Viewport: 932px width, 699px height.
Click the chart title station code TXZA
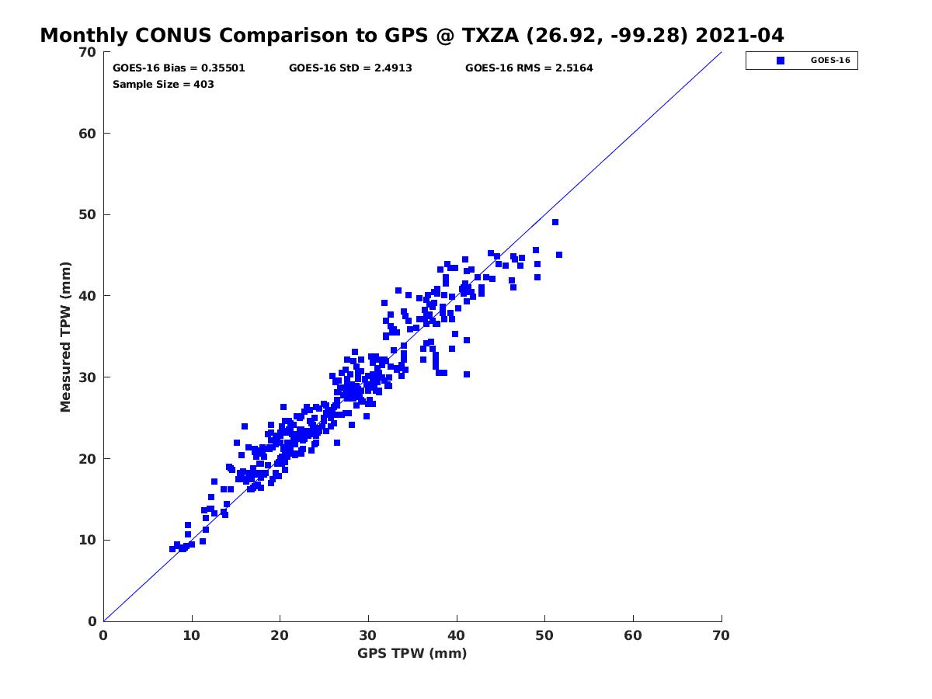point(489,35)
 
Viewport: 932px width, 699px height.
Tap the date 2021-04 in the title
point(739,35)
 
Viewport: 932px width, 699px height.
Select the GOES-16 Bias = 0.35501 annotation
point(179,68)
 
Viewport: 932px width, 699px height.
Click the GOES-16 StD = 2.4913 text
point(350,68)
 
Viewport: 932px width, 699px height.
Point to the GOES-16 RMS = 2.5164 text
point(529,68)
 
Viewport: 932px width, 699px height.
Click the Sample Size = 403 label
point(163,85)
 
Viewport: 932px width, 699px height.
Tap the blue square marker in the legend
point(781,61)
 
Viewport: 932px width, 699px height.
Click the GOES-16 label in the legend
point(830,61)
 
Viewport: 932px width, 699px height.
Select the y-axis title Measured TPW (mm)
point(65,337)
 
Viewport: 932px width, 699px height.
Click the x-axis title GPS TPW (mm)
point(412,653)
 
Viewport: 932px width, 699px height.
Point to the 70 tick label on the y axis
point(87,52)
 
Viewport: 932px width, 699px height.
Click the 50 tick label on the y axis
point(87,215)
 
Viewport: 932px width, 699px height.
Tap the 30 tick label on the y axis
point(87,377)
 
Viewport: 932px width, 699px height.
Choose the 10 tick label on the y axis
point(87,540)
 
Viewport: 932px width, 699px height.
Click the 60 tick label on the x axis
point(633,635)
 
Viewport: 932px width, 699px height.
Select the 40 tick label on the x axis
point(456,635)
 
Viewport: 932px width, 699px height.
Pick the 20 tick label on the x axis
point(280,635)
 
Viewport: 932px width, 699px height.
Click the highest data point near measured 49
point(555,222)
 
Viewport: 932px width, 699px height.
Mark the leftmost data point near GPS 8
point(172,549)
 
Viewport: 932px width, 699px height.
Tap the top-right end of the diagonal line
point(722,52)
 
